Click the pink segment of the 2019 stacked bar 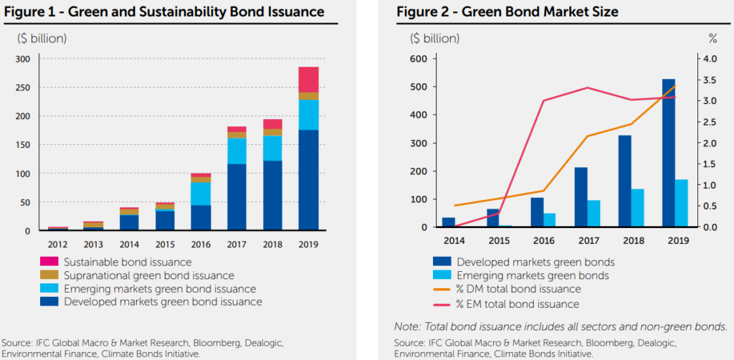pos(308,80)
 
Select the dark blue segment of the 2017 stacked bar pos(237,197)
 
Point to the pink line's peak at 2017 pos(587,87)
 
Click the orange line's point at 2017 pos(587,136)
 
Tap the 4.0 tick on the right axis pos(707,59)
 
